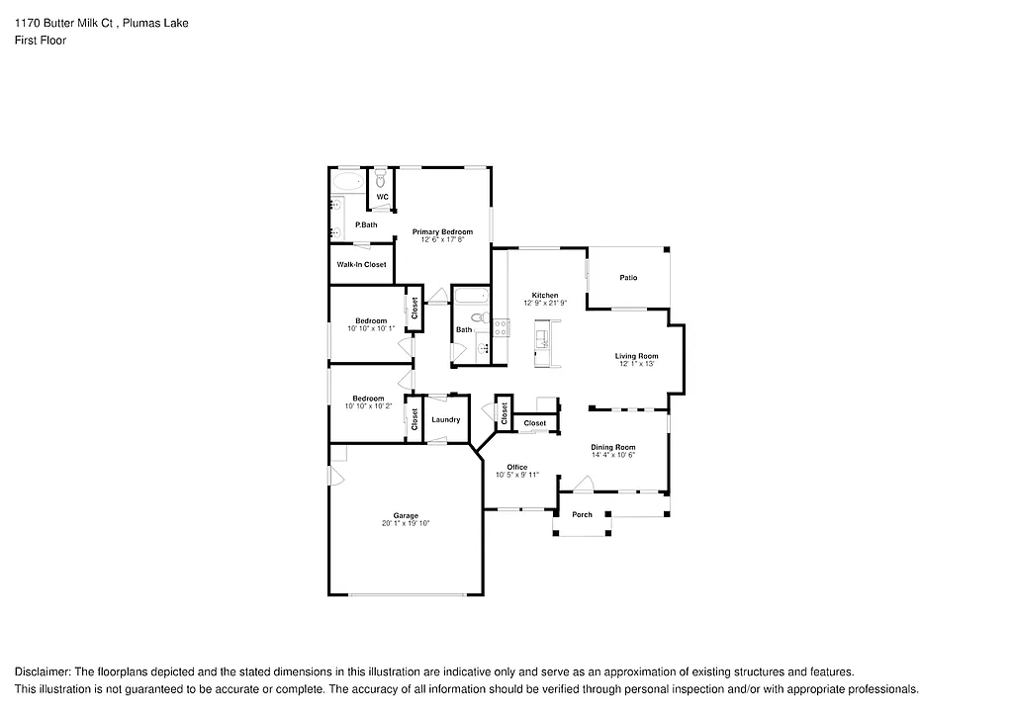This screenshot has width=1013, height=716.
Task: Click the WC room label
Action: (382, 197)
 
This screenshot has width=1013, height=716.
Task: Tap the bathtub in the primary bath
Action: (348, 181)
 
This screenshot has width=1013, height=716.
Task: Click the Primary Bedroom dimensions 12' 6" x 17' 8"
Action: (442, 239)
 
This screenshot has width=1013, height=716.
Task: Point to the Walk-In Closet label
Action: (361, 264)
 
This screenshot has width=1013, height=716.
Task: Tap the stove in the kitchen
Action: (501, 326)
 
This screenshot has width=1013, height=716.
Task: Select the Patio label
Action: (628, 278)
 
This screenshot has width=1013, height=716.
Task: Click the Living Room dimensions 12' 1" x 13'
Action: (636, 364)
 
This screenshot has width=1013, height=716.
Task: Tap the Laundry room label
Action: (446, 419)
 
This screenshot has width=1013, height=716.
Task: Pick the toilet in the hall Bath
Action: (478, 318)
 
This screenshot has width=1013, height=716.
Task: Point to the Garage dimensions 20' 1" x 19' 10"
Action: (406, 523)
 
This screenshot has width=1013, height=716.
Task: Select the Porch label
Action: (583, 514)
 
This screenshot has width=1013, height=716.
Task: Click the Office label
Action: (516, 467)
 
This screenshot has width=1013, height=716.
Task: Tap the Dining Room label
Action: (612, 447)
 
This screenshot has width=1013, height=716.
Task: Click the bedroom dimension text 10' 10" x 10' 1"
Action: (371, 328)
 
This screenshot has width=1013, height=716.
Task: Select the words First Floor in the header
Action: (40, 41)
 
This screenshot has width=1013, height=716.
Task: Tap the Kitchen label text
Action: (545, 295)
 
